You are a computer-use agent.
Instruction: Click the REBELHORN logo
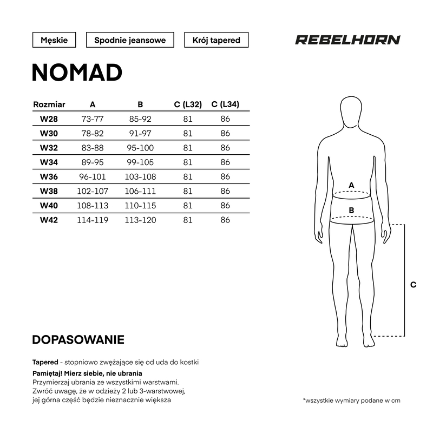point(347,40)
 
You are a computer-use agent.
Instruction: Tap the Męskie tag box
point(54,40)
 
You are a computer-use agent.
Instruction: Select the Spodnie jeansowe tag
point(130,40)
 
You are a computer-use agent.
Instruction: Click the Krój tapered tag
point(216,40)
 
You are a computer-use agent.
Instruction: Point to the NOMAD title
point(77,73)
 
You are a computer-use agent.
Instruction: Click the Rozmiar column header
point(49,104)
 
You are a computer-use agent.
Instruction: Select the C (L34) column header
point(226,104)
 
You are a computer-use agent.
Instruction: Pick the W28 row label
point(49,119)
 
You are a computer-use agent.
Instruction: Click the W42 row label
point(49,220)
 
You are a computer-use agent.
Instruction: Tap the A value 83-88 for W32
point(93,148)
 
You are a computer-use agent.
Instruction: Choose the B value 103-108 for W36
point(140,177)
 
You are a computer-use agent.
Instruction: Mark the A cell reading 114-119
point(93,220)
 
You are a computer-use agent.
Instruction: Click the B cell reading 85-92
point(140,119)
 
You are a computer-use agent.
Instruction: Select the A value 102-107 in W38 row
point(93,191)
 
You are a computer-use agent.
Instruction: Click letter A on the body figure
point(351,185)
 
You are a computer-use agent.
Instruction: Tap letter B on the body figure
point(351,210)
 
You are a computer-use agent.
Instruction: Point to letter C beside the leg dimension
point(413,285)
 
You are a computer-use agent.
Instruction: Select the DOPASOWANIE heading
point(78,340)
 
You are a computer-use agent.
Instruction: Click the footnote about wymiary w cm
point(352,401)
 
